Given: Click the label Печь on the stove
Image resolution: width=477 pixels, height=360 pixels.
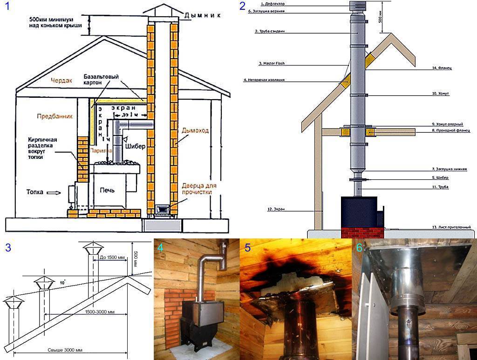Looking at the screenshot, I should coord(107,190).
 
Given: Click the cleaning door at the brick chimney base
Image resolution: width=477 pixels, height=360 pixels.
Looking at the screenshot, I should coord(162,209).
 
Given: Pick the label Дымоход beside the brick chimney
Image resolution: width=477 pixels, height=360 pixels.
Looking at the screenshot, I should coord(194,132).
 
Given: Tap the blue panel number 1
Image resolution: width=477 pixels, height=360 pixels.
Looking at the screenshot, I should coord(6,7).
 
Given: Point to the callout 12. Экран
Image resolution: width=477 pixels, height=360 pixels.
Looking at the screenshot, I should coord(276,210).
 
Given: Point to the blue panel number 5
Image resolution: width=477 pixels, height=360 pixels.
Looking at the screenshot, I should coord(248,248).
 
